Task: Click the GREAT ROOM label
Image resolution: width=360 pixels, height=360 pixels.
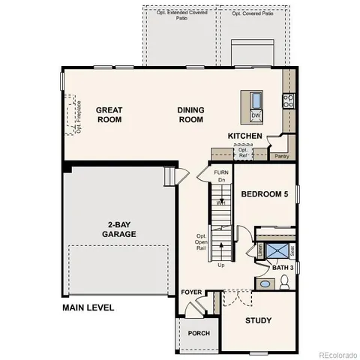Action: click(x=109, y=115)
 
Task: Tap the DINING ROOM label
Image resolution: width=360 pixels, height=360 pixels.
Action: click(x=190, y=115)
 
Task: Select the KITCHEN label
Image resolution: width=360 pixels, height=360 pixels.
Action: click(x=245, y=136)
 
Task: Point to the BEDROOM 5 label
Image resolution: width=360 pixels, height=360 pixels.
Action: click(x=264, y=194)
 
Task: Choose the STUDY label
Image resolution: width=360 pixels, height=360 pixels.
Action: click(x=258, y=321)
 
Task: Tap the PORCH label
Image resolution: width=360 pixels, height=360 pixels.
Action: click(x=198, y=333)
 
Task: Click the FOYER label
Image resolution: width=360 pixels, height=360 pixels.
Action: click(x=190, y=292)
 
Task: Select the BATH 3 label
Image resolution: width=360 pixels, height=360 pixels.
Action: click(x=283, y=268)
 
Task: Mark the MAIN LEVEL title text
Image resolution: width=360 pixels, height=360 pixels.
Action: click(x=88, y=308)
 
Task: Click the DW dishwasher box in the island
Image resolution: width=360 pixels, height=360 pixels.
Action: click(x=256, y=115)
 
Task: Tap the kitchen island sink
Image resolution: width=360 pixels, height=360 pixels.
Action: click(x=256, y=100)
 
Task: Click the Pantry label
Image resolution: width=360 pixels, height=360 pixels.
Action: click(x=282, y=156)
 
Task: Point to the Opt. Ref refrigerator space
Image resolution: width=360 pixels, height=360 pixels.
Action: click(x=243, y=152)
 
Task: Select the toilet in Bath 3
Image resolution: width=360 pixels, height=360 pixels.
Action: click(x=284, y=283)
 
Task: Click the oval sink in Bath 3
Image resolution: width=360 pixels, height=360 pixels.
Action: click(x=264, y=283)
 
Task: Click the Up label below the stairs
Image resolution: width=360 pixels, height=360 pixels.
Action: click(x=220, y=265)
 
